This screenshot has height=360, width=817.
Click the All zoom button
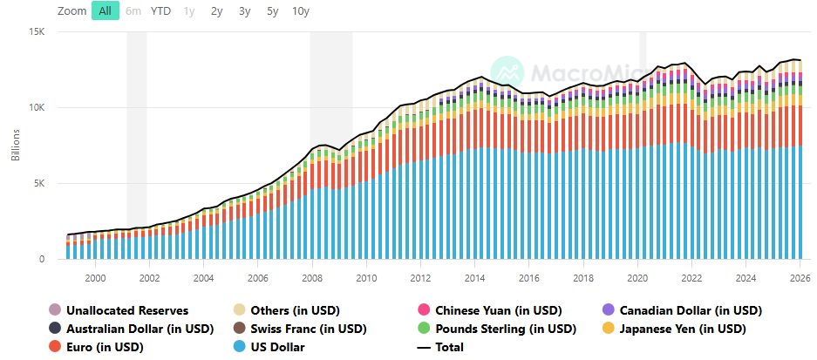coord(106,11)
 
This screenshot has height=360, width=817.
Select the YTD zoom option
coord(160,11)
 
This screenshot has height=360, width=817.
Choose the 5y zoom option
coord(273,11)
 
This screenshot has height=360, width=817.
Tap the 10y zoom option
coord(301,11)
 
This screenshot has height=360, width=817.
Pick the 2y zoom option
coord(216,11)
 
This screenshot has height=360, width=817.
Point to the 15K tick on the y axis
coord(38,31)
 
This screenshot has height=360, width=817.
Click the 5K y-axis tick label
coord(41,183)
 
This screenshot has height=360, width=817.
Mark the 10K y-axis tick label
coord(38,108)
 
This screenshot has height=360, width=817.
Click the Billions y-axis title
coord(16,145)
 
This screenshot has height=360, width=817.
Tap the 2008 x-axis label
coord(311,278)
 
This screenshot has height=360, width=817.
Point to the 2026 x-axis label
coord(800,278)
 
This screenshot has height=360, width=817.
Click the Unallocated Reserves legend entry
coord(119,310)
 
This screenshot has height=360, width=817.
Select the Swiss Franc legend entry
coord(300,329)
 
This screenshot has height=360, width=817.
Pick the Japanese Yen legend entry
coord(674,329)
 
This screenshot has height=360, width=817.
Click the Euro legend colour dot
coord(54,346)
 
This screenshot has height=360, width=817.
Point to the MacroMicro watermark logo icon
coord(507,72)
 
